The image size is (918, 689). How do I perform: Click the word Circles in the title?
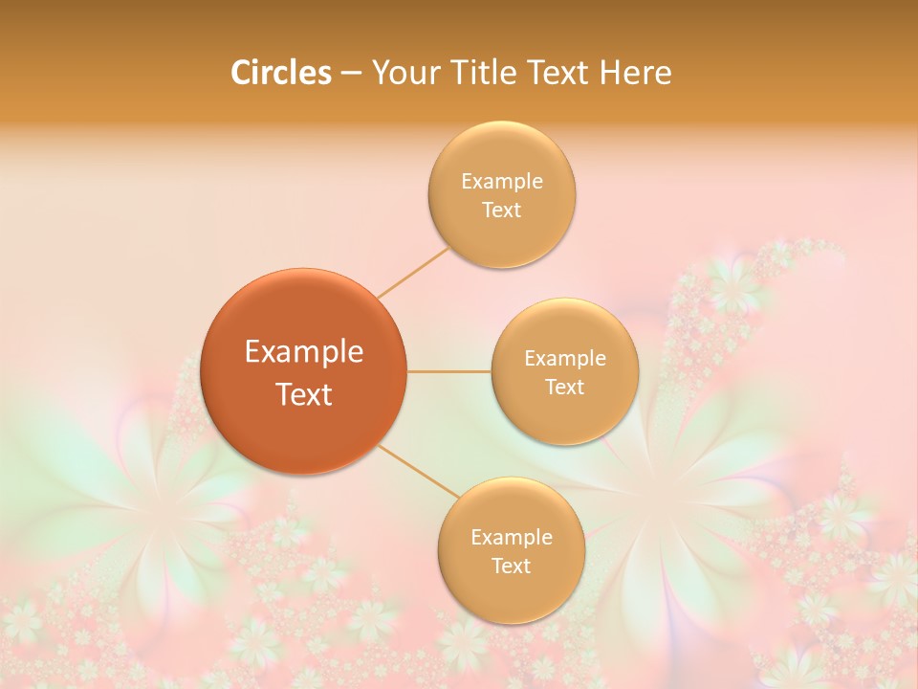(x=280, y=73)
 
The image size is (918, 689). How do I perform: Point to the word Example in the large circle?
(x=304, y=352)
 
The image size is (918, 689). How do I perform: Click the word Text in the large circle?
(x=304, y=394)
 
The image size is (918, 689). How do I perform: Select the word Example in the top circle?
(x=502, y=182)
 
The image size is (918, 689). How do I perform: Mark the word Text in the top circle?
(x=502, y=211)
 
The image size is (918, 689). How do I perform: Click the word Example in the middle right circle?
(x=565, y=359)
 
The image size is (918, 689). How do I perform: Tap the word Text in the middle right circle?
(x=565, y=388)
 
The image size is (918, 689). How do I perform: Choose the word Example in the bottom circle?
(x=512, y=538)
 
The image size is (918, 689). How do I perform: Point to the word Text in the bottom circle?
(x=512, y=567)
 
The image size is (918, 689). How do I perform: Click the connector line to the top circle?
(x=413, y=273)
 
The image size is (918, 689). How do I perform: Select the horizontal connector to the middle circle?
(x=449, y=371)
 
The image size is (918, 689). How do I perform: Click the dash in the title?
(x=351, y=74)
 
